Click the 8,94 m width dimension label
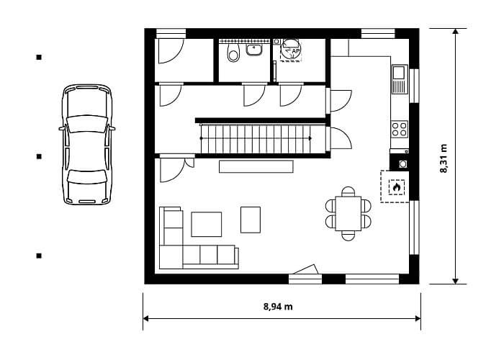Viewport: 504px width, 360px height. pos(278,307)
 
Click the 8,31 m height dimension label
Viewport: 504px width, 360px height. pos(444,158)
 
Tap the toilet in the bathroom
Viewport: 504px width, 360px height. pos(233,53)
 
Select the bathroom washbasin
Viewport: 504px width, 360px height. pos(254,50)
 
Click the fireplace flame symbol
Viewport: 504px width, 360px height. pos(396,186)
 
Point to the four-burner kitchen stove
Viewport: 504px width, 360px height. pos(400,129)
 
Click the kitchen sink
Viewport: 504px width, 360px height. pos(400,79)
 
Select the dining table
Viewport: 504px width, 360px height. pos(348,213)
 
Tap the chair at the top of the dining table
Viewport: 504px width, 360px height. pos(348,192)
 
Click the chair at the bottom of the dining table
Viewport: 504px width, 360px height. pos(348,235)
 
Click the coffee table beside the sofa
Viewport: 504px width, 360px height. pos(207,224)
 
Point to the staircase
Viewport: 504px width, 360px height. pos(256,139)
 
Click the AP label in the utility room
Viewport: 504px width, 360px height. pos(295,51)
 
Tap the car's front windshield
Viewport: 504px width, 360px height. pos(87,124)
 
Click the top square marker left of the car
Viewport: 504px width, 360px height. pos(39,58)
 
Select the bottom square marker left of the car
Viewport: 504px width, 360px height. pos(39,256)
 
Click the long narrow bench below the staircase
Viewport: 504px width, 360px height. pos(256,166)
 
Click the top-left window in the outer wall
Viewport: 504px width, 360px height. pos(171,33)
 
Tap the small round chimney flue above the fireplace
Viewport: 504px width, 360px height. pos(402,164)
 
